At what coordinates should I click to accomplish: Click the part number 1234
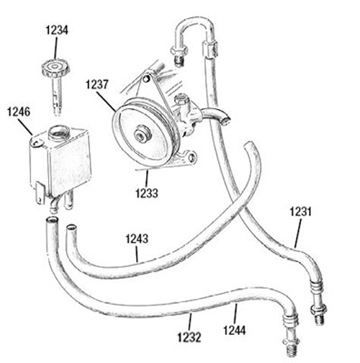coord(57,30)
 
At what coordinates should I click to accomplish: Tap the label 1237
coord(97,85)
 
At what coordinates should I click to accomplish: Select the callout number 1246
coord(19,112)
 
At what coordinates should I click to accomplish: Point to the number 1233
coord(147,193)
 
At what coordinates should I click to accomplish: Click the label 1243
coord(137,239)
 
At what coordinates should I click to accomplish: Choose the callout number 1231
coord(301,212)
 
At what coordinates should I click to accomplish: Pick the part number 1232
coord(189,337)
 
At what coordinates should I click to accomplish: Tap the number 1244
coord(235,330)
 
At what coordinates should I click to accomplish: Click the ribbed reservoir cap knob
coord(55,68)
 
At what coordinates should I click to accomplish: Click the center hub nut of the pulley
coord(143,135)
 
